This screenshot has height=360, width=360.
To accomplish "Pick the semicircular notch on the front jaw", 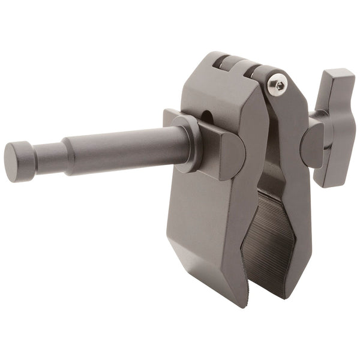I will [x=207, y=115].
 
